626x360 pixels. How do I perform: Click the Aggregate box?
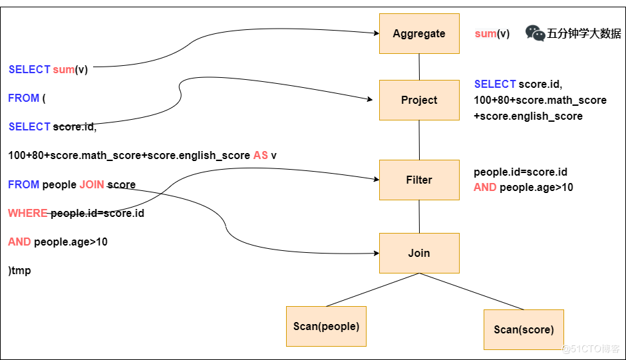(x=419, y=33)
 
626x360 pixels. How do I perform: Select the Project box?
(x=419, y=100)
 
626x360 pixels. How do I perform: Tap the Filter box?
(x=419, y=180)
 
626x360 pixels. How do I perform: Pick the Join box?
(x=419, y=253)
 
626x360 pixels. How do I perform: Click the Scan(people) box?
(x=326, y=326)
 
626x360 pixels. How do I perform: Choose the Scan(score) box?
(x=524, y=329)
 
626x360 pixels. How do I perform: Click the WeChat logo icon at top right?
(x=535, y=33)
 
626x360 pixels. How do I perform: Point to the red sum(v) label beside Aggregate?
(x=492, y=34)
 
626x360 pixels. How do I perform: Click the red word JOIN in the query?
(x=92, y=184)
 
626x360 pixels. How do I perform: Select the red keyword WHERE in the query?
(x=28, y=214)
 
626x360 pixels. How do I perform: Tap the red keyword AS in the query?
(x=261, y=155)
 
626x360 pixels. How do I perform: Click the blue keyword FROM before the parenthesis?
(x=23, y=98)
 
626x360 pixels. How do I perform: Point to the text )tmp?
(x=20, y=271)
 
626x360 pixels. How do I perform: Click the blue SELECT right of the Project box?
(x=495, y=84)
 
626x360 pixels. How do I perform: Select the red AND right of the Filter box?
(x=485, y=188)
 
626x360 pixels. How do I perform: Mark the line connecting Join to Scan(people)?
(x=373, y=289)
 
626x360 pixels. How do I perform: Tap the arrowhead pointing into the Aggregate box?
(x=375, y=33)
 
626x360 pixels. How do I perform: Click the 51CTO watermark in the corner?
(x=591, y=349)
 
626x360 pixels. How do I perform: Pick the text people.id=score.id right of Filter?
(x=520, y=172)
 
